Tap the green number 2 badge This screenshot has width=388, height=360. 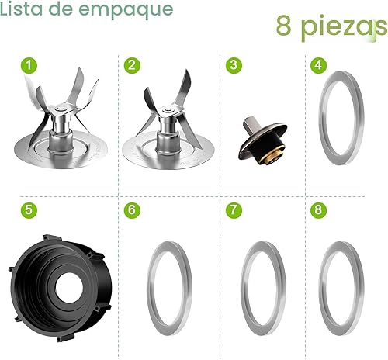tap(133, 65)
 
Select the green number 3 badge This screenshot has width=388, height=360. tap(233, 65)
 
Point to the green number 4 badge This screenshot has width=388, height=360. tap(317, 65)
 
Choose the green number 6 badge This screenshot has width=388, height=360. tap(133, 210)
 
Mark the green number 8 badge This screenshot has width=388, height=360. tap(317, 210)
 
